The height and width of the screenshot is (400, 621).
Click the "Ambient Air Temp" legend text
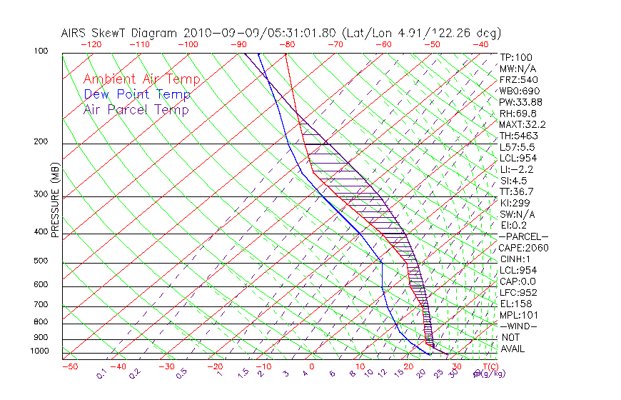coord(141,79)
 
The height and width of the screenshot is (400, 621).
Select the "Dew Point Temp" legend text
coord(137,94)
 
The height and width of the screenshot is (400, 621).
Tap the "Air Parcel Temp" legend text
coord(136,109)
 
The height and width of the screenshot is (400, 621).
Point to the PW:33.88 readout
coord(520,102)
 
